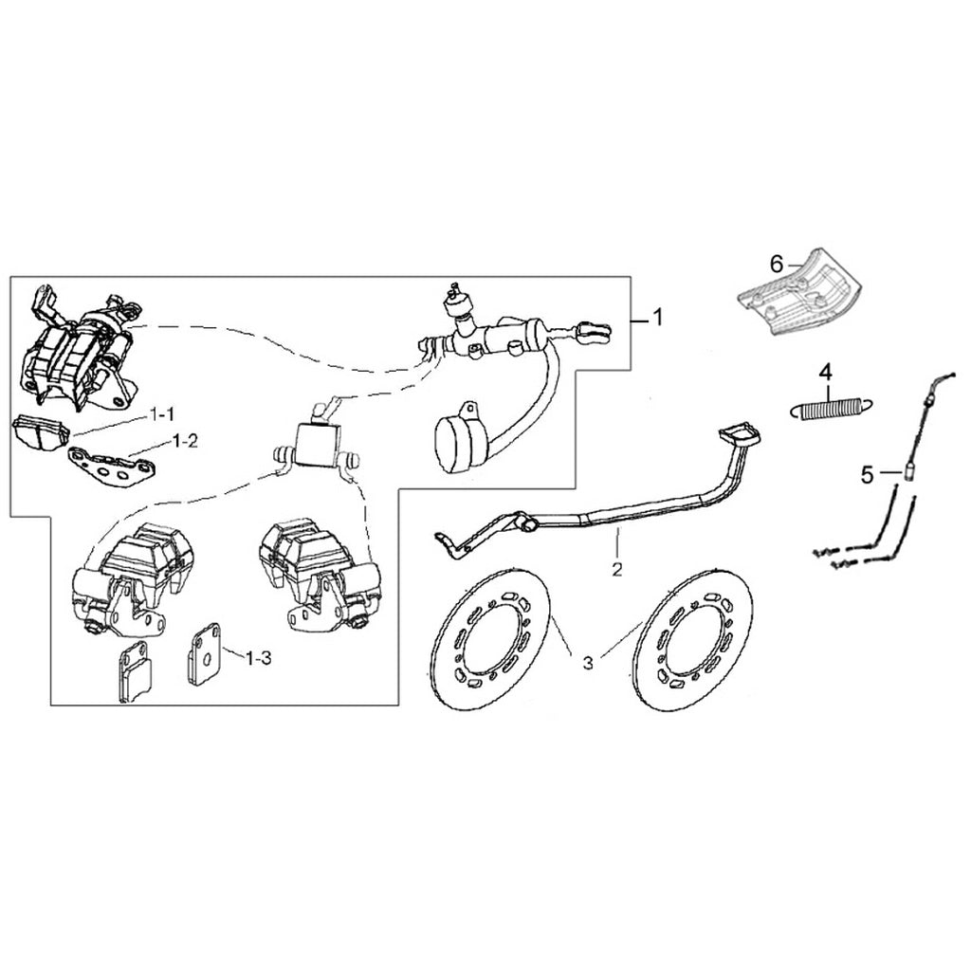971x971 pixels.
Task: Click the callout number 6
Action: pyautogui.click(x=777, y=264)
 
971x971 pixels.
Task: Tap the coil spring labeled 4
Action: pyautogui.click(x=827, y=410)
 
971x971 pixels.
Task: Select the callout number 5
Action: pyautogui.click(x=867, y=475)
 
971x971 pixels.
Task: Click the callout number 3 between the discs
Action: pyautogui.click(x=588, y=664)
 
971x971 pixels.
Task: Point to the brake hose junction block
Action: pyautogui.click(x=315, y=444)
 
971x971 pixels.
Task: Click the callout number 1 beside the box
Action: pyautogui.click(x=654, y=320)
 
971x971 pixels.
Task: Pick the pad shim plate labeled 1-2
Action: pyautogui.click(x=106, y=467)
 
